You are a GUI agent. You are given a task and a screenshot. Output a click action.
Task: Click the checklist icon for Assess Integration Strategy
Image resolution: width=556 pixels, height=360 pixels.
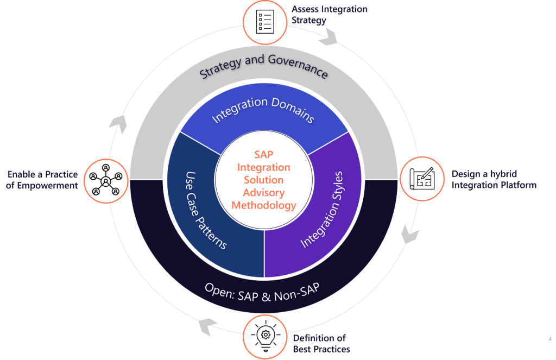click(x=264, y=20)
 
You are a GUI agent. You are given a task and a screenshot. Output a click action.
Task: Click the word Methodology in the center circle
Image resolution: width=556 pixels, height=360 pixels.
click(x=264, y=205)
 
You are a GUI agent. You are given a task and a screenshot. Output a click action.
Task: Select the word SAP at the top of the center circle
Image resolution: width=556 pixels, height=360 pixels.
click(x=264, y=155)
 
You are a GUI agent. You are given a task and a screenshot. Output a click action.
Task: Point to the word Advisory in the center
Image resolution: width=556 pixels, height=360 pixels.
click(x=264, y=193)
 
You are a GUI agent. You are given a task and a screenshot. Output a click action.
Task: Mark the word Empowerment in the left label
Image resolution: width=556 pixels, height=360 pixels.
click(x=49, y=185)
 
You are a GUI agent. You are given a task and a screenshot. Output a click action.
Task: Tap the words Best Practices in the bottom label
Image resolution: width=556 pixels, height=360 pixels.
click(x=321, y=349)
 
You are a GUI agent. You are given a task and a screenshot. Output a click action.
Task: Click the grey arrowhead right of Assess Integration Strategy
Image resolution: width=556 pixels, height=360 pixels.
click(x=329, y=38)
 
